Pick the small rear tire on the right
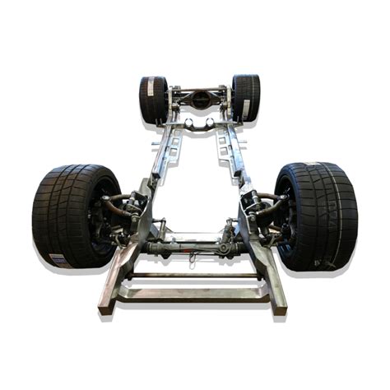(x=245, y=97)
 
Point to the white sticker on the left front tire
(x=58, y=258)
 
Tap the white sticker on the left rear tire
(x=151, y=118)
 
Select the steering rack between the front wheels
(x=195, y=244)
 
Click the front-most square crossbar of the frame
(x=195, y=293)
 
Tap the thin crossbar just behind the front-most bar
(x=195, y=276)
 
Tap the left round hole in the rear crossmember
(x=188, y=124)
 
